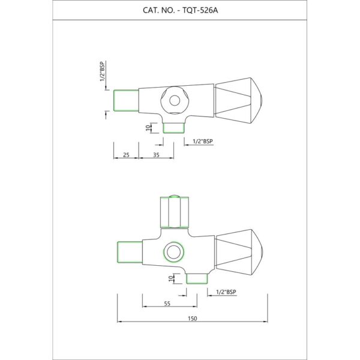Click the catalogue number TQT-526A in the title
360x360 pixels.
coord(200,10)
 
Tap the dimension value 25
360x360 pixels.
coord(126,155)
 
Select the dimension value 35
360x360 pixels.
coord(156,155)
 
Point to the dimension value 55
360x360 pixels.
coord(167,304)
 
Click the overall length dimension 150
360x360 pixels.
coord(193,319)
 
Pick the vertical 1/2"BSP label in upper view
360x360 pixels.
coord(103,71)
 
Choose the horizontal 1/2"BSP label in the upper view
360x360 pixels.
coord(203,141)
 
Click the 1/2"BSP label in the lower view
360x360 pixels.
coord(226,292)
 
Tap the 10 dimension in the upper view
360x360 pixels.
coord(148,127)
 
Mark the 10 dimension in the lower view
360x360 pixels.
coord(171,278)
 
